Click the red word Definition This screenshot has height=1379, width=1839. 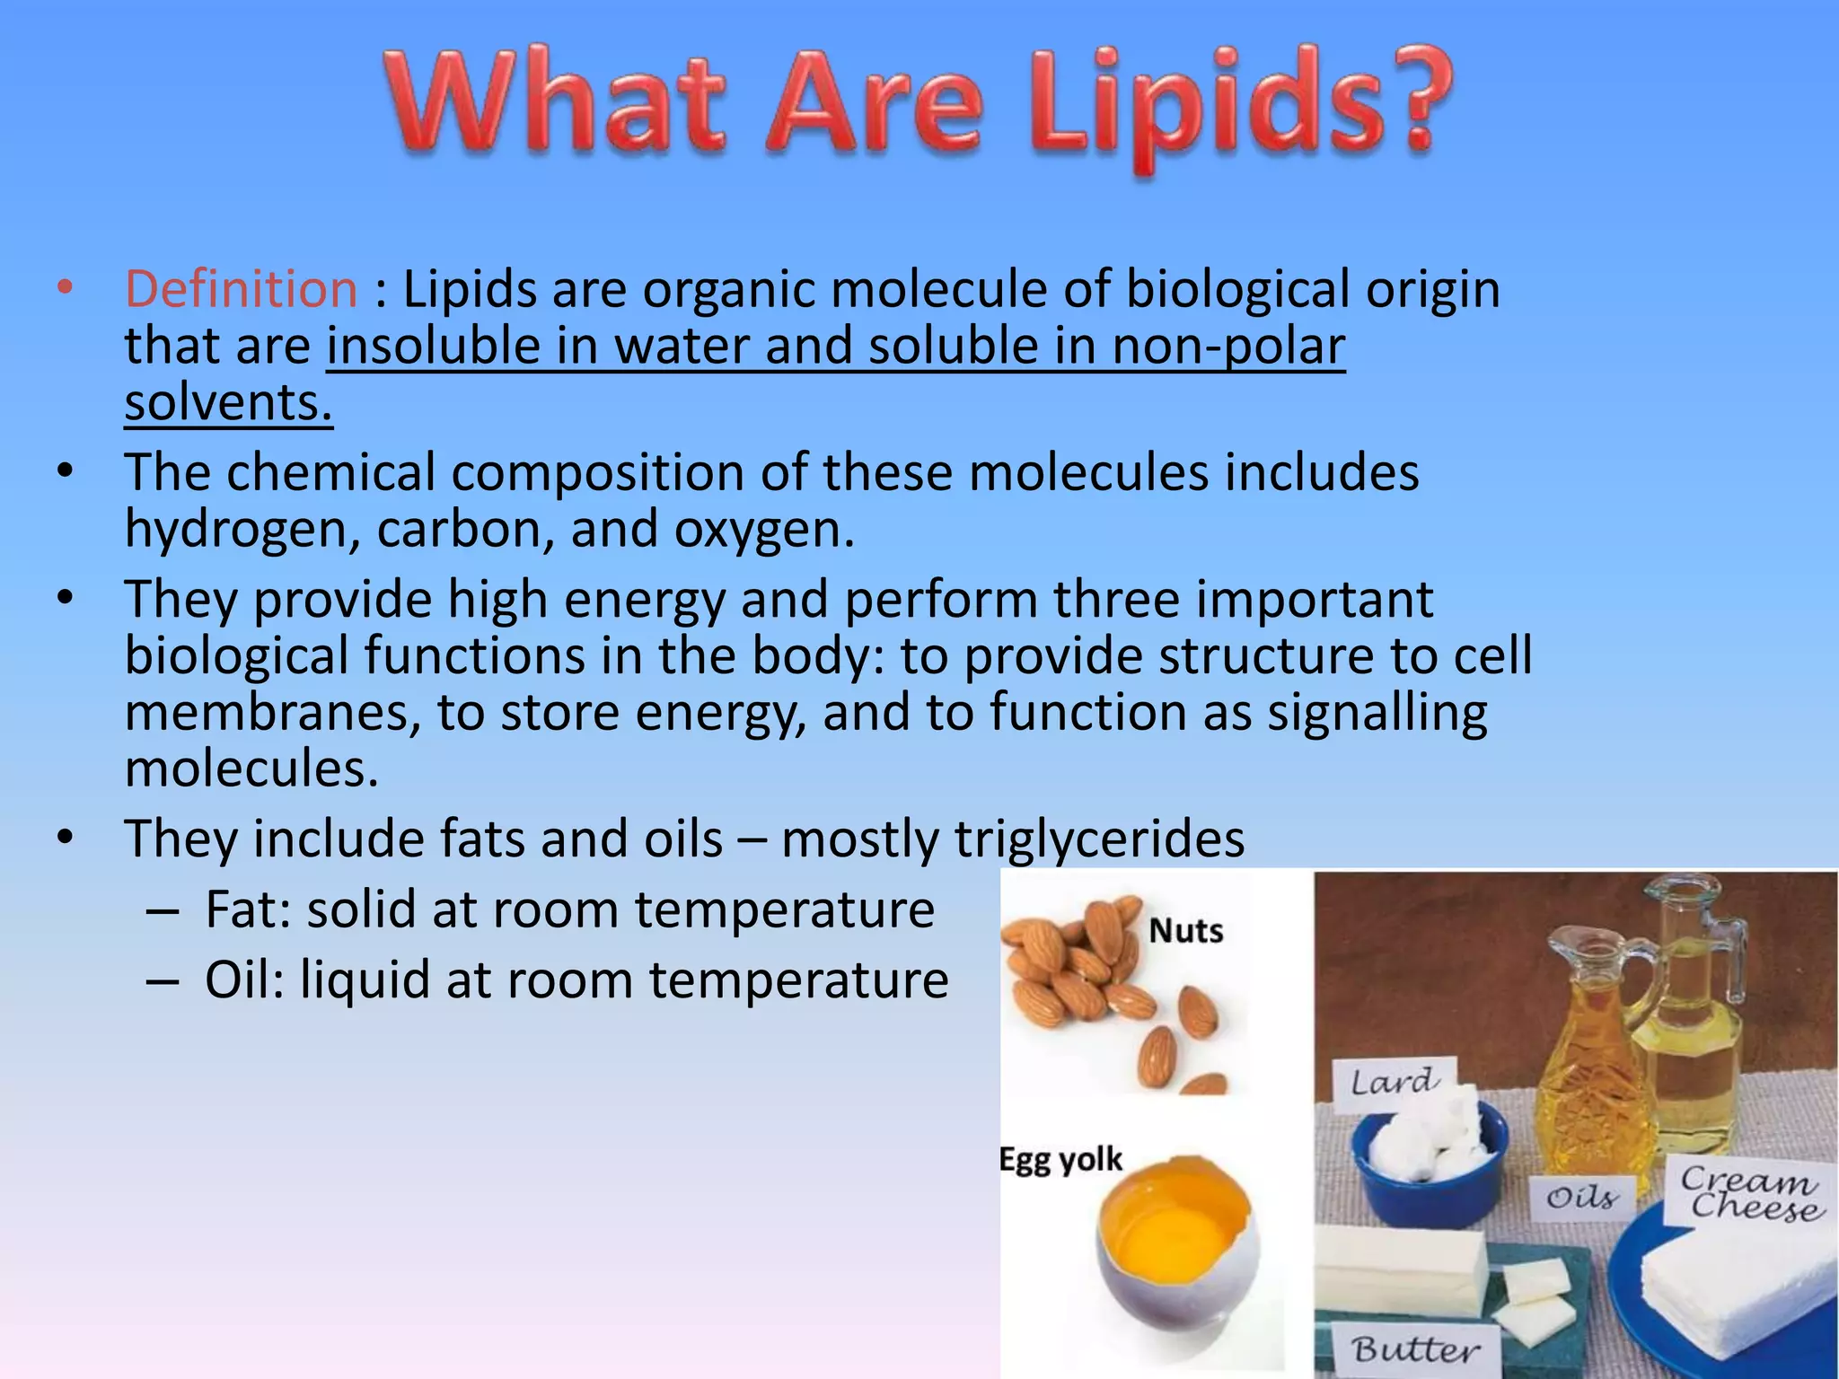[x=241, y=290]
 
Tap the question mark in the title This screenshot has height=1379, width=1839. [x=1416, y=103]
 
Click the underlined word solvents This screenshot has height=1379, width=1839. [x=228, y=403]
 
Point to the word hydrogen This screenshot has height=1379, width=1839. [x=242, y=530]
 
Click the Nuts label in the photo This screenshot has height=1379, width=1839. [x=1185, y=931]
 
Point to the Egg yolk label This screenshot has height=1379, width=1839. [x=1060, y=1159]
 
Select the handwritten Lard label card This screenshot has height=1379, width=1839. [x=1393, y=1082]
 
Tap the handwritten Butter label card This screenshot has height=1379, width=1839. [x=1415, y=1349]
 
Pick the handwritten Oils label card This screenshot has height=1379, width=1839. [x=1581, y=1198]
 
